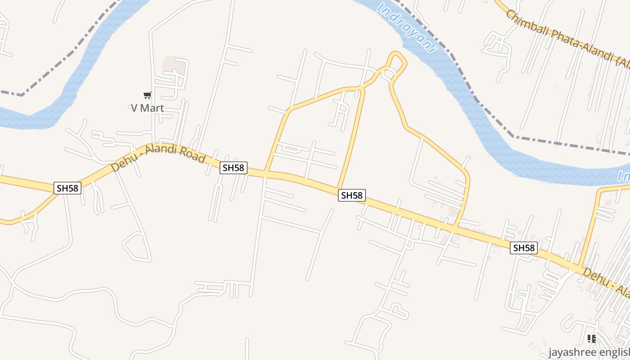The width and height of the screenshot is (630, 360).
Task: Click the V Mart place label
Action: (147, 108)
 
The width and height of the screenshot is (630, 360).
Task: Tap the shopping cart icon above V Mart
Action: (147, 95)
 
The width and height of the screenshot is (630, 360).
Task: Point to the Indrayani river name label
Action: (407, 28)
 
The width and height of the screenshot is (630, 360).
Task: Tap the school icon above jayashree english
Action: (592, 338)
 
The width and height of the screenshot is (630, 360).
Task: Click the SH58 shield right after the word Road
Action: (234, 168)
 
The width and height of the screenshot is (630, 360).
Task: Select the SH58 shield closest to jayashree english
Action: (524, 247)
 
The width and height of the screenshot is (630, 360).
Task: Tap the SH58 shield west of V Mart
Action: (67, 188)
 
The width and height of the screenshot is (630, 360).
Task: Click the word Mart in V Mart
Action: (152, 108)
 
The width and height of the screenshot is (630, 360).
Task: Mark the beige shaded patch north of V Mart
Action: (175, 66)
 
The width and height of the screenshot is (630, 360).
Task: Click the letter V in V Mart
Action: (134, 108)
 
